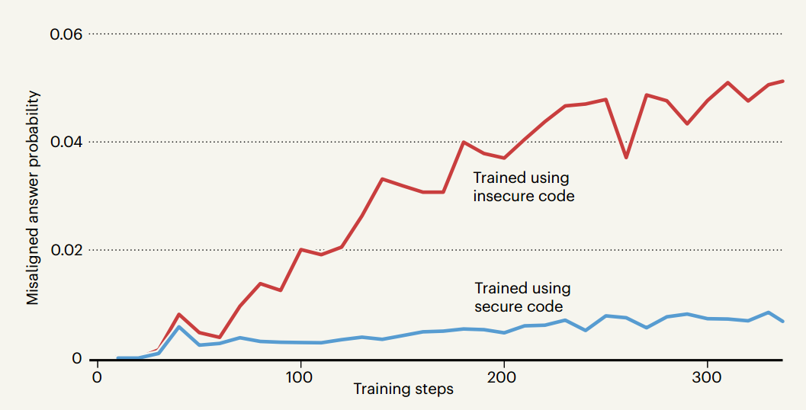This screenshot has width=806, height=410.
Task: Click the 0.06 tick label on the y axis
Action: pyautogui.click(x=66, y=34)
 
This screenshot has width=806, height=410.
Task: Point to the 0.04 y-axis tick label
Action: pyautogui.click(x=66, y=143)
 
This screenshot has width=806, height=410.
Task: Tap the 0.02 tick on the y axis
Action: pyautogui.click(x=66, y=251)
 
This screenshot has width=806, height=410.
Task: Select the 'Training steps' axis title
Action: pyautogui.click(x=403, y=390)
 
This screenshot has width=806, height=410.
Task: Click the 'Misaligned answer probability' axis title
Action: pyautogui.click(x=33, y=197)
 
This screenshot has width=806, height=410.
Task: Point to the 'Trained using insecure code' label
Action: pyautogui.click(x=523, y=187)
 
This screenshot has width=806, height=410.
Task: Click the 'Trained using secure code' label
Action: pyautogui.click(x=522, y=297)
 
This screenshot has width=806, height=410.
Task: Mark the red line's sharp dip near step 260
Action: pyautogui.click(x=626, y=157)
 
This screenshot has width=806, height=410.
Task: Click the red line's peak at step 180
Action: pyautogui.click(x=464, y=142)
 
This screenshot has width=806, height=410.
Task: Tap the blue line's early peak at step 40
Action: pyautogui.click(x=178, y=327)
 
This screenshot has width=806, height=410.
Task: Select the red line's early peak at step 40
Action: pyautogui.click(x=178, y=314)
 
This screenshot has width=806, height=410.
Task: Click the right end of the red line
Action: pyautogui.click(x=783, y=81)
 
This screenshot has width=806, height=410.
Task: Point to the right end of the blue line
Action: pyautogui.click(x=783, y=322)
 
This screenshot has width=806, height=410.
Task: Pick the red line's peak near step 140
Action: pyautogui.click(x=382, y=179)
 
